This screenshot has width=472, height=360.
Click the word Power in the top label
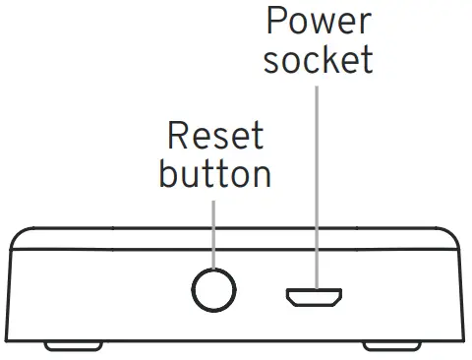pos(317,21)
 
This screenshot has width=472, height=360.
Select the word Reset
pos(214,137)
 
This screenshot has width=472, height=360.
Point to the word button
pos(214,174)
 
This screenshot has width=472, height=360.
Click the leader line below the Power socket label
pos(317,177)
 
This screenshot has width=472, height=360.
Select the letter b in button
pos(168,174)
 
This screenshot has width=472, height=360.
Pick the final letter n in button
pos(261,177)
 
